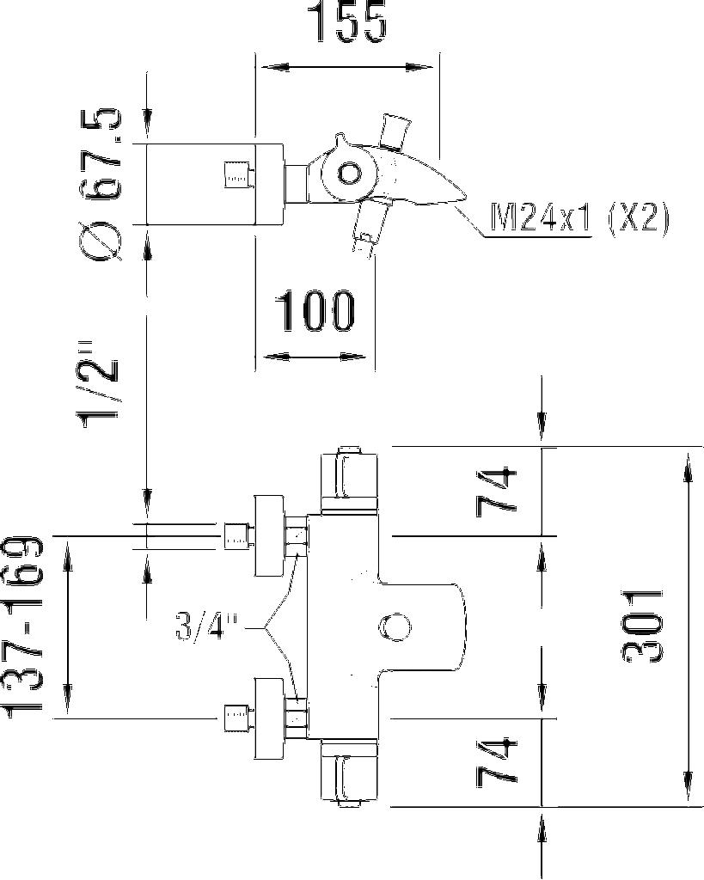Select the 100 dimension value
coord(315,311)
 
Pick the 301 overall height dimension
coord(643,626)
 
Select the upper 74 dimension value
coord(499,491)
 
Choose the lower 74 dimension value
coord(499,761)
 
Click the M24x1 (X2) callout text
coord(579,218)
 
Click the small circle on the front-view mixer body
coord(395,628)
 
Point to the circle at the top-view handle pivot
coord(349,174)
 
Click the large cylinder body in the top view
coord(215,183)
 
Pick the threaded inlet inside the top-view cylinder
coord(236,176)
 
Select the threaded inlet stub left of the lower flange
coord(236,717)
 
